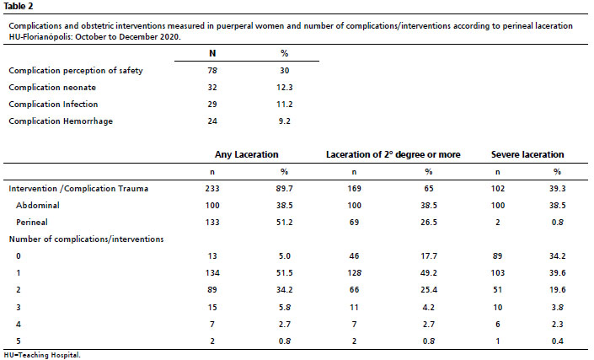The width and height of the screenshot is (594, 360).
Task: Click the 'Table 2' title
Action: [19, 7]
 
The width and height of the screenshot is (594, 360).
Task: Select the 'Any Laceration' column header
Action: [247, 154]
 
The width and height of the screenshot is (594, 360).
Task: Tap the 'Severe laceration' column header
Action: [527, 154]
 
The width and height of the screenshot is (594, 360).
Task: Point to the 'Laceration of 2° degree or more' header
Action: [393, 154]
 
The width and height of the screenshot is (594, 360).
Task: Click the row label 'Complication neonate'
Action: [52, 88]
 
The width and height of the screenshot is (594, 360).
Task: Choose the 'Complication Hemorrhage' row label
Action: [61, 121]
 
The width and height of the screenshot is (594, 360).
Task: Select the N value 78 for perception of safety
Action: [212, 71]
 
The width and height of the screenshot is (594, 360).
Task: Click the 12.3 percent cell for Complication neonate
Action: [285, 88]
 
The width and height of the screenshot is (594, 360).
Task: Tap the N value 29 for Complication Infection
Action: [212, 105]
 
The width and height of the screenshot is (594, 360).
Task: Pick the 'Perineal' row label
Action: [32, 223]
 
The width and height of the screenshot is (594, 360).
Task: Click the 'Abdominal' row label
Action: [38, 206]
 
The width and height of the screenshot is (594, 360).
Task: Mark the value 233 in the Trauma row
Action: [212, 189]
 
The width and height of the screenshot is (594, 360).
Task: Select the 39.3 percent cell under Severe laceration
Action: [557, 189]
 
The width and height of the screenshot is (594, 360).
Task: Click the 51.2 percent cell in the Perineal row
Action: [285, 223]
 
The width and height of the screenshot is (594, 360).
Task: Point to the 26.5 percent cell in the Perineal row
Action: [429, 223]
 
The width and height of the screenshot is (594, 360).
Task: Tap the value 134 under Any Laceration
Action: [212, 273]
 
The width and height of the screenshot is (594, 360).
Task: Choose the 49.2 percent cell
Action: [429, 273]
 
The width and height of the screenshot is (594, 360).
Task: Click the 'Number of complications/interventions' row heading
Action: [87, 239]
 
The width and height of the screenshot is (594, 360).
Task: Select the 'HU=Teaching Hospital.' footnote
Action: [42, 356]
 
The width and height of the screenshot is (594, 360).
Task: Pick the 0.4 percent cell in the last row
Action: [557, 341]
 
